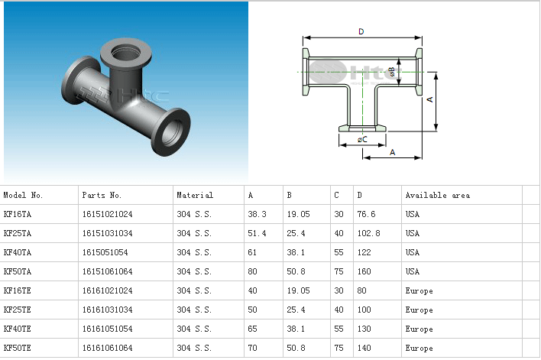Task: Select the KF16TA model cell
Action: click(18, 215)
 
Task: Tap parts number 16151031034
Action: click(107, 234)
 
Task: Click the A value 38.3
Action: click(258, 215)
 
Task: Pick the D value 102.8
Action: click(368, 234)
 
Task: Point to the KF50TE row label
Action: click(18, 349)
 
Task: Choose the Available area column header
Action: click(438, 196)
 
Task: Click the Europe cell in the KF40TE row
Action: click(419, 329)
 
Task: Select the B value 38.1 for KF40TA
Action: click(296, 253)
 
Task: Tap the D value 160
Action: click(364, 272)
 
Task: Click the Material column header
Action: click(195, 196)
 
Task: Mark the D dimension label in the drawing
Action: click(361, 31)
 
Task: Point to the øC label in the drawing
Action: click(362, 139)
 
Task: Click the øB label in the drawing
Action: click(391, 72)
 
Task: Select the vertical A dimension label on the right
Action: click(429, 100)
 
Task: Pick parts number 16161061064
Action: click(107, 349)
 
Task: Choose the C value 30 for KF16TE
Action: click(339, 291)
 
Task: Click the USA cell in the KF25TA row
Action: click(413, 234)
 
